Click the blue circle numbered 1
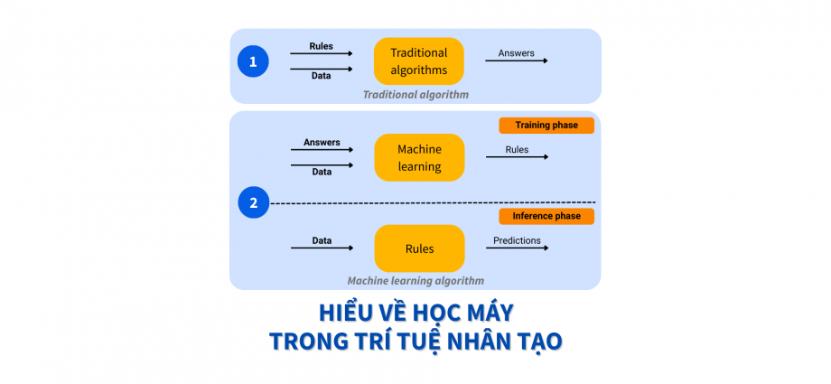[x=253, y=61]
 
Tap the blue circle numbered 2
[x=253, y=202]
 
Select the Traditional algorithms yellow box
[x=418, y=61]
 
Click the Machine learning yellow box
[x=419, y=157]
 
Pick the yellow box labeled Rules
[x=419, y=248]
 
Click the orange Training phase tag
[x=546, y=125]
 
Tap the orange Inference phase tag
[x=546, y=216]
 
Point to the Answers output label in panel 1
[x=517, y=53]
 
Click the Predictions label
[x=517, y=240]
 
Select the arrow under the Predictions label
[x=517, y=248]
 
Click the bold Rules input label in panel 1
[x=321, y=46]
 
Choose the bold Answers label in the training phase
[x=322, y=142]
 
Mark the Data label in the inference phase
[x=322, y=240]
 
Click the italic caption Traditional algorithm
[x=415, y=94]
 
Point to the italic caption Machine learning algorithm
[x=415, y=280]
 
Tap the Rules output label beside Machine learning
[x=517, y=149]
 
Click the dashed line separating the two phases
[x=434, y=202]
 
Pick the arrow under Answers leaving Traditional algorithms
[x=517, y=61]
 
